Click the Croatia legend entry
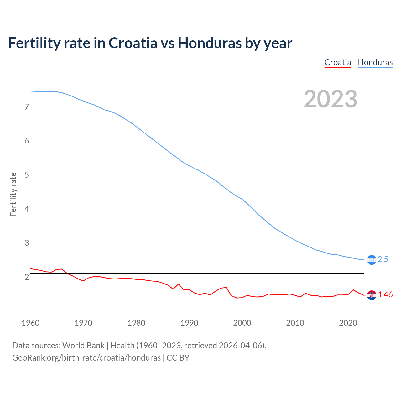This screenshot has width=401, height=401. point(337,62)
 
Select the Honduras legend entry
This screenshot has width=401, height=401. point(375,62)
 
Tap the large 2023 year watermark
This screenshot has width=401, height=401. point(330,99)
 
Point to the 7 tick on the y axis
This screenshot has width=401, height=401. point(27,107)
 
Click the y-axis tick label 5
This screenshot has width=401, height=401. point(27,175)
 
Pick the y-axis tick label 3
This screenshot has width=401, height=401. point(27,243)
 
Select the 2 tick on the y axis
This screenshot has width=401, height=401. point(27,277)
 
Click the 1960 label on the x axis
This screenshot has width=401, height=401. point(30,323)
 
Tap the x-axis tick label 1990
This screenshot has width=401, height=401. point(189,323)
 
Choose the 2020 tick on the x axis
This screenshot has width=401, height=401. point(348,323)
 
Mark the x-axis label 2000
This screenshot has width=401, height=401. point(242,323)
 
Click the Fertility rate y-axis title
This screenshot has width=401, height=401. point(13,194)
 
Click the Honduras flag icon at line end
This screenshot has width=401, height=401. point(371,260)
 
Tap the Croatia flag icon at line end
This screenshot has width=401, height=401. point(371,295)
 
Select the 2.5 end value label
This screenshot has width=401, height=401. point(383,259)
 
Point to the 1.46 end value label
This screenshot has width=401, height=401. point(385,295)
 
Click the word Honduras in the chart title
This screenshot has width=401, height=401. point(210,43)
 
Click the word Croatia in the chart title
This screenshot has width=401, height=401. point(133,43)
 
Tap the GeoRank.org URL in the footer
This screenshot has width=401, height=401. point(86,358)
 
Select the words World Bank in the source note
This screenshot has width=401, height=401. point(83,346)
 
